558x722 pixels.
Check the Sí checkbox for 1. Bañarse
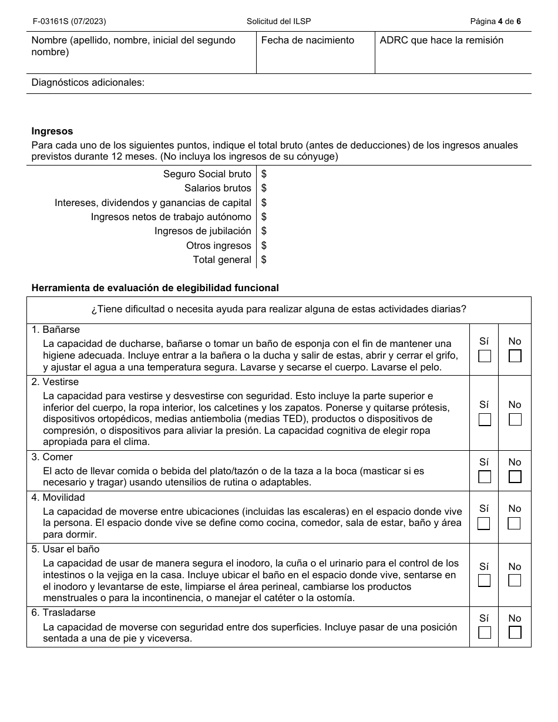(x=484, y=356)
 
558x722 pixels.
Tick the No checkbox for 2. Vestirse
(x=515, y=420)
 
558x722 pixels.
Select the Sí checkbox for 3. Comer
(x=484, y=477)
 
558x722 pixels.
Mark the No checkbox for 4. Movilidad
(x=515, y=523)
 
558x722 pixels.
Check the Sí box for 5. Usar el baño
(x=484, y=581)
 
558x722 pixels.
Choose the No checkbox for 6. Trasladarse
(x=515, y=632)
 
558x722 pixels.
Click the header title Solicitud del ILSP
(x=278, y=22)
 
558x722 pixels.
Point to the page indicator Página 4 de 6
(x=495, y=22)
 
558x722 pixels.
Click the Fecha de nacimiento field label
(x=307, y=41)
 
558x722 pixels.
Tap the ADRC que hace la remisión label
(x=441, y=41)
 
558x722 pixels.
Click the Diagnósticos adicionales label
(x=88, y=83)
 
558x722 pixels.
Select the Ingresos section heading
(x=52, y=131)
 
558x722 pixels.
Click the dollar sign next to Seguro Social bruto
(x=264, y=174)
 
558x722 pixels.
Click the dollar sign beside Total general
(x=264, y=260)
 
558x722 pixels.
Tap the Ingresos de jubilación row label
(x=203, y=231)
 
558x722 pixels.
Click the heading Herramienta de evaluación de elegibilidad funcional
(x=155, y=288)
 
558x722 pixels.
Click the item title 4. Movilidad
(x=58, y=498)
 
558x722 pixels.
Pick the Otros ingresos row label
(x=219, y=246)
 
